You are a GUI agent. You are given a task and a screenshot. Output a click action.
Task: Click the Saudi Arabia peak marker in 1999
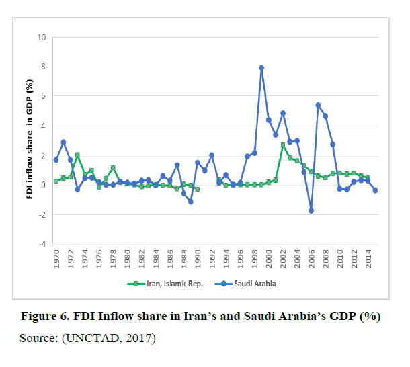[x=261, y=68]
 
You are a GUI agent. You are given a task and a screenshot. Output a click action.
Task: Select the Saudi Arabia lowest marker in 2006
[x=311, y=210]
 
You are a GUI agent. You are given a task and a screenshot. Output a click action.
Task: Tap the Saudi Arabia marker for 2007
[x=318, y=105]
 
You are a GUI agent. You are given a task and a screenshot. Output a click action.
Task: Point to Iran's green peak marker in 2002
[x=283, y=145]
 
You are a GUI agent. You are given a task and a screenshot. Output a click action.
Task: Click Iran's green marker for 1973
[x=77, y=155]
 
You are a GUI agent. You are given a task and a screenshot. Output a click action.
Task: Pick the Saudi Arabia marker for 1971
[x=63, y=142]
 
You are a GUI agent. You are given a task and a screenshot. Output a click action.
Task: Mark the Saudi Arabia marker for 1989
[x=191, y=202]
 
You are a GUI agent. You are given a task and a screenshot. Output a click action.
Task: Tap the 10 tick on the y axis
[x=41, y=37]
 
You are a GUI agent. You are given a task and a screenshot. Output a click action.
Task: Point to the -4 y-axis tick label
[x=41, y=244]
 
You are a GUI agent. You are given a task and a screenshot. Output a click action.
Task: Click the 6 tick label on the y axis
[x=42, y=96]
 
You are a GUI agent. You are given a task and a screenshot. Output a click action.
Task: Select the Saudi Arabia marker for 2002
[x=283, y=113]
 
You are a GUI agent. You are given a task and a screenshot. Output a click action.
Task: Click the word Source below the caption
[x=39, y=337]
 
